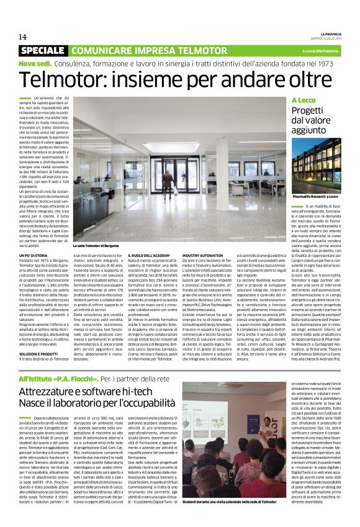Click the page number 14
[23, 36]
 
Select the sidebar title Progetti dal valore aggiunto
[314, 119]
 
